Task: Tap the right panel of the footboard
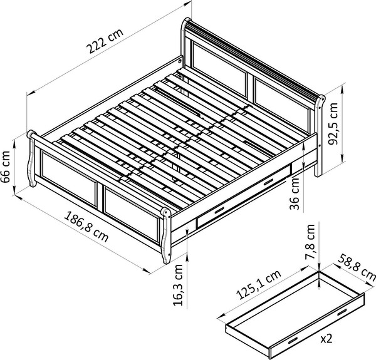[x=131, y=213]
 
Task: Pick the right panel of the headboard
[x=283, y=100]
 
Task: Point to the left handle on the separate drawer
[x=293, y=339]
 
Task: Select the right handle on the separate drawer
[x=342, y=312]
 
